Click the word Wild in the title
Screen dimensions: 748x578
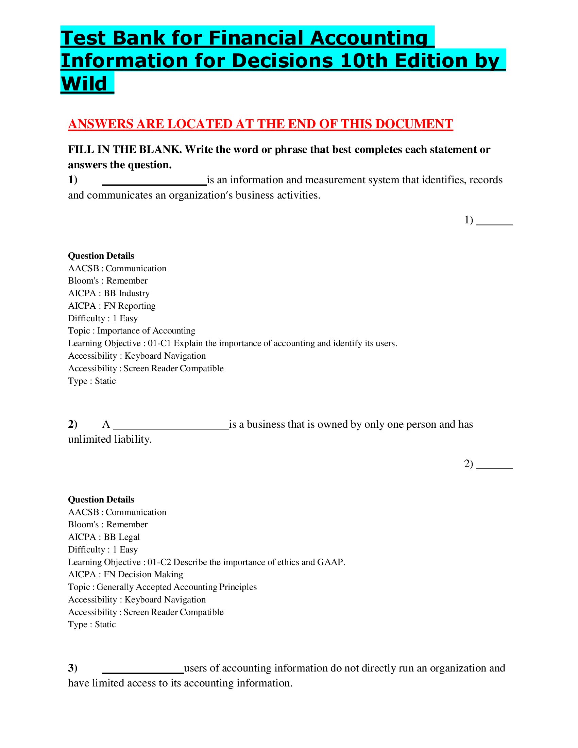pyautogui.click(x=84, y=84)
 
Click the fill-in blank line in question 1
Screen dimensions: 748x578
pyautogui.click(x=154, y=184)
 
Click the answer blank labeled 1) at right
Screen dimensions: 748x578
pyautogui.click(x=494, y=223)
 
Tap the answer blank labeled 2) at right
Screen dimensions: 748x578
pyautogui.click(x=494, y=467)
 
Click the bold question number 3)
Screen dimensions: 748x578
pyautogui.click(x=73, y=668)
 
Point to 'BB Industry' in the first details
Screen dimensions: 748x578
pyautogui.click(x=127, y=293)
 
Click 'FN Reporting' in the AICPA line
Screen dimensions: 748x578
pyautogui.click(x=130, y=306)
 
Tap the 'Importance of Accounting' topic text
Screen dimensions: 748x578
pyautogui.click(x=146, y=331)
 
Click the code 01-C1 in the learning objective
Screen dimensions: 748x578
pyautogui.click(x=159, y=343)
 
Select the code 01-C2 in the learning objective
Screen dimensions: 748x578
pyautogui.click(x=159, y=562)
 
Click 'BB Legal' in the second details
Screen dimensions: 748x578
pyautogui.click(x=122, y=537)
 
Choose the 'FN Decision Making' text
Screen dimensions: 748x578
pyautogui.click(x=143, y=574)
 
